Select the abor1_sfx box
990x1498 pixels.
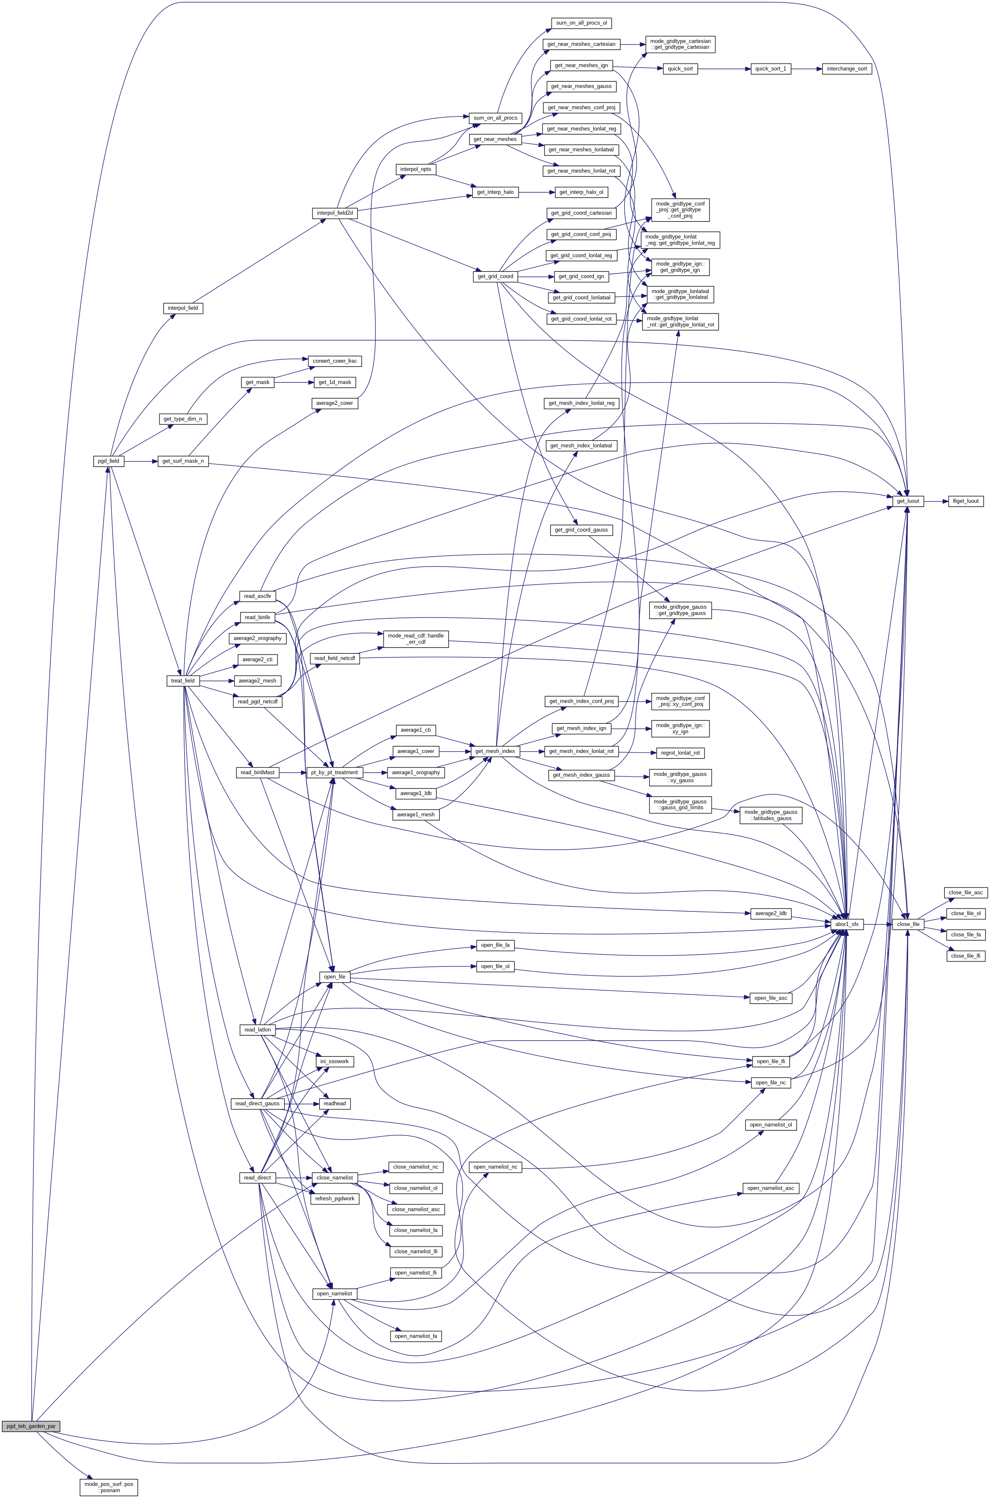point(847,924)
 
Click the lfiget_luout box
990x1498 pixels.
point(966,501)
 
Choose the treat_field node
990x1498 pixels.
point(183,680)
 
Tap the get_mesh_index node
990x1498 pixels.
point(496,751)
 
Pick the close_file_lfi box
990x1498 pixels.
point(966,956)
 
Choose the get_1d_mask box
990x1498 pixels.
point(335,382)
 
